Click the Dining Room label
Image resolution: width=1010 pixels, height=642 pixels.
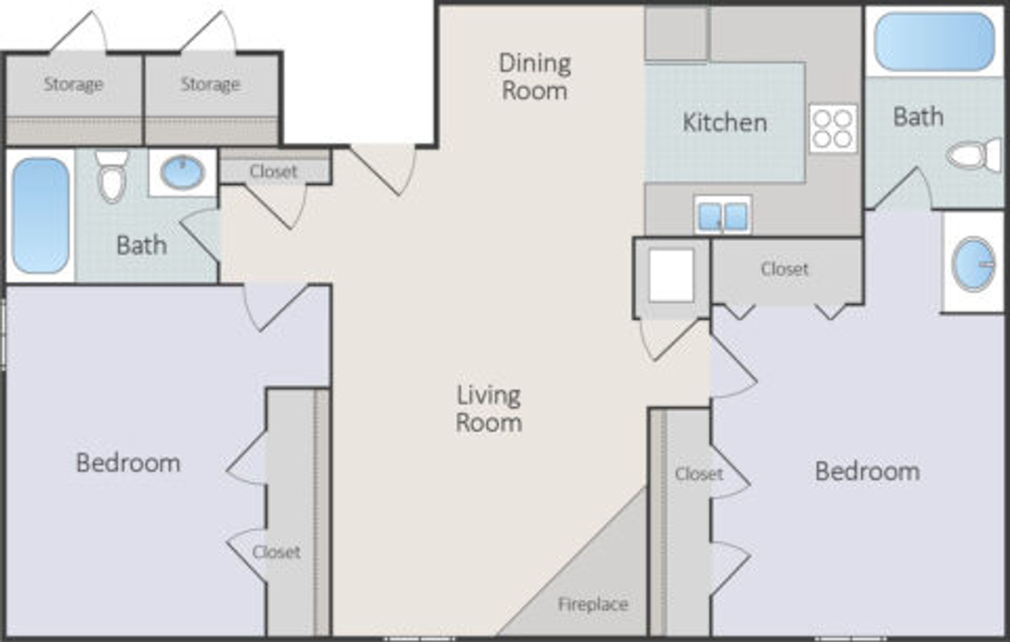point(534,77)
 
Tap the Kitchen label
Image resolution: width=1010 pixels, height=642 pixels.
point(724,123)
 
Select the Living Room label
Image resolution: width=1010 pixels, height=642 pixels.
point(489,409)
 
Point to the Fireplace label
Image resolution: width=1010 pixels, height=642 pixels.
point(593,604)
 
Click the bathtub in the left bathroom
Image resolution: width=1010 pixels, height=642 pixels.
point(41,216)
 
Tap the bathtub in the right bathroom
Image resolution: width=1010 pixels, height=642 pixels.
point(934,42)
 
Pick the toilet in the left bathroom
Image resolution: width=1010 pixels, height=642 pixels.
point(112,177)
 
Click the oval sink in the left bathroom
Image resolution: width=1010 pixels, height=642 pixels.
point(182,172)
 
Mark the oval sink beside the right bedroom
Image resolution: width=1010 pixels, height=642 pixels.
point(973,264)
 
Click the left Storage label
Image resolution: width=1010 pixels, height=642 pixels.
point(73,84)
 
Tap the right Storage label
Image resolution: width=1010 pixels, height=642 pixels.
point(210,84)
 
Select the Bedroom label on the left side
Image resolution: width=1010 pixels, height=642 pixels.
point(128,463)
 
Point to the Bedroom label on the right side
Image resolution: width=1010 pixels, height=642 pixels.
point(867,472)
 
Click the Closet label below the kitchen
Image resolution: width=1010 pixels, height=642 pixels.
point(784,269)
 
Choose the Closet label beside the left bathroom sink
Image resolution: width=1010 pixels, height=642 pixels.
point(273,172)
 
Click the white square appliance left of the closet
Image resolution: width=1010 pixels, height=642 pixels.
point(671,275)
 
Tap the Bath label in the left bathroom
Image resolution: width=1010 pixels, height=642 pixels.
point(141,245)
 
